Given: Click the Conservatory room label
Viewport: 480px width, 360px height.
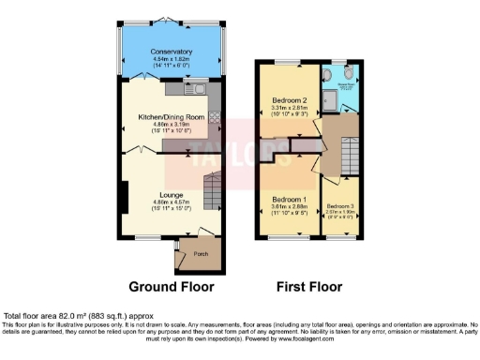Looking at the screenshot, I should click(172, 52).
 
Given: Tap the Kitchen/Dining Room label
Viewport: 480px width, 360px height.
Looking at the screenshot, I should click(172, 118).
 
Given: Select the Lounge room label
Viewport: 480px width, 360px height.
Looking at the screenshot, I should click(171, 194).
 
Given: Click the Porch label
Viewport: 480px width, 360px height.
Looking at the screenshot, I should click(200, 253).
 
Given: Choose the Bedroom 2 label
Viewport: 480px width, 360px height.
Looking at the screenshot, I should click(290, 100).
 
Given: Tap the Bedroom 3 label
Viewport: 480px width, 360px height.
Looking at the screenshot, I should click(340, 205).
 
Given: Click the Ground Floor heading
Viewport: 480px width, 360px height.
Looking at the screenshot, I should click(171, 287).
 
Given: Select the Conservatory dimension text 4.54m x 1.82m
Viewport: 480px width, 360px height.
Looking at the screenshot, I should click(172, 59).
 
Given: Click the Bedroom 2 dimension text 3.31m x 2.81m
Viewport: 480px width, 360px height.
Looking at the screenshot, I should click(290, 108).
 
